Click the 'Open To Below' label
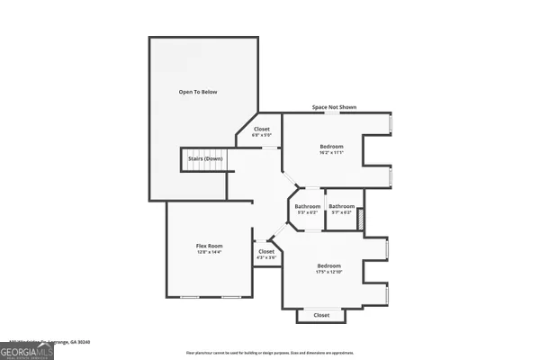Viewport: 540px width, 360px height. [x=198, y=92]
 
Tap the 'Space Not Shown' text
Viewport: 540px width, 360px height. [x=334, y=107]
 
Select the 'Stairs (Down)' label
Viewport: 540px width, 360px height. [x=206, y=158]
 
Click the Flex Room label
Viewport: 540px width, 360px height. [x=210, y=246]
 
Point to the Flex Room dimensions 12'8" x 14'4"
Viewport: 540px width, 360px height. [x=210, y=253]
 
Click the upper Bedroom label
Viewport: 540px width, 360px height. [x=332, y=146]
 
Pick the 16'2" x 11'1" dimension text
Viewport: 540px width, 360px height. [x=332, y=153]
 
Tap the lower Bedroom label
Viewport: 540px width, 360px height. [x=328, y=265]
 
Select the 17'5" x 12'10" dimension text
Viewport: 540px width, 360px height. [x=328, y=273]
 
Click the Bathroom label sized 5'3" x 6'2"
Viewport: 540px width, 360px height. [x=307, y=206]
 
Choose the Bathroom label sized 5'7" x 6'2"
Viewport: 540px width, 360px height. [x=341, y=206]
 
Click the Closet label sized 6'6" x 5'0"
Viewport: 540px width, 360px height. [x=262, y=129]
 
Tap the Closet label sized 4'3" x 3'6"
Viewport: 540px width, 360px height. [x=266, y=251]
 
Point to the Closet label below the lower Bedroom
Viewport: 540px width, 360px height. [x=321, y=315]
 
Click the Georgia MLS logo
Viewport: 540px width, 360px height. [x=27, y=350]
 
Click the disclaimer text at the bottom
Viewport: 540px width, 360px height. [x=270, y=352]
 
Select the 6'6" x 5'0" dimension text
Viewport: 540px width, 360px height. [x=262, y=136]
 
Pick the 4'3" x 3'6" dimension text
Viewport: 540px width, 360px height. [x=266, y=258]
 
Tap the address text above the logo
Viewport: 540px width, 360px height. [x=54, y=341]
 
